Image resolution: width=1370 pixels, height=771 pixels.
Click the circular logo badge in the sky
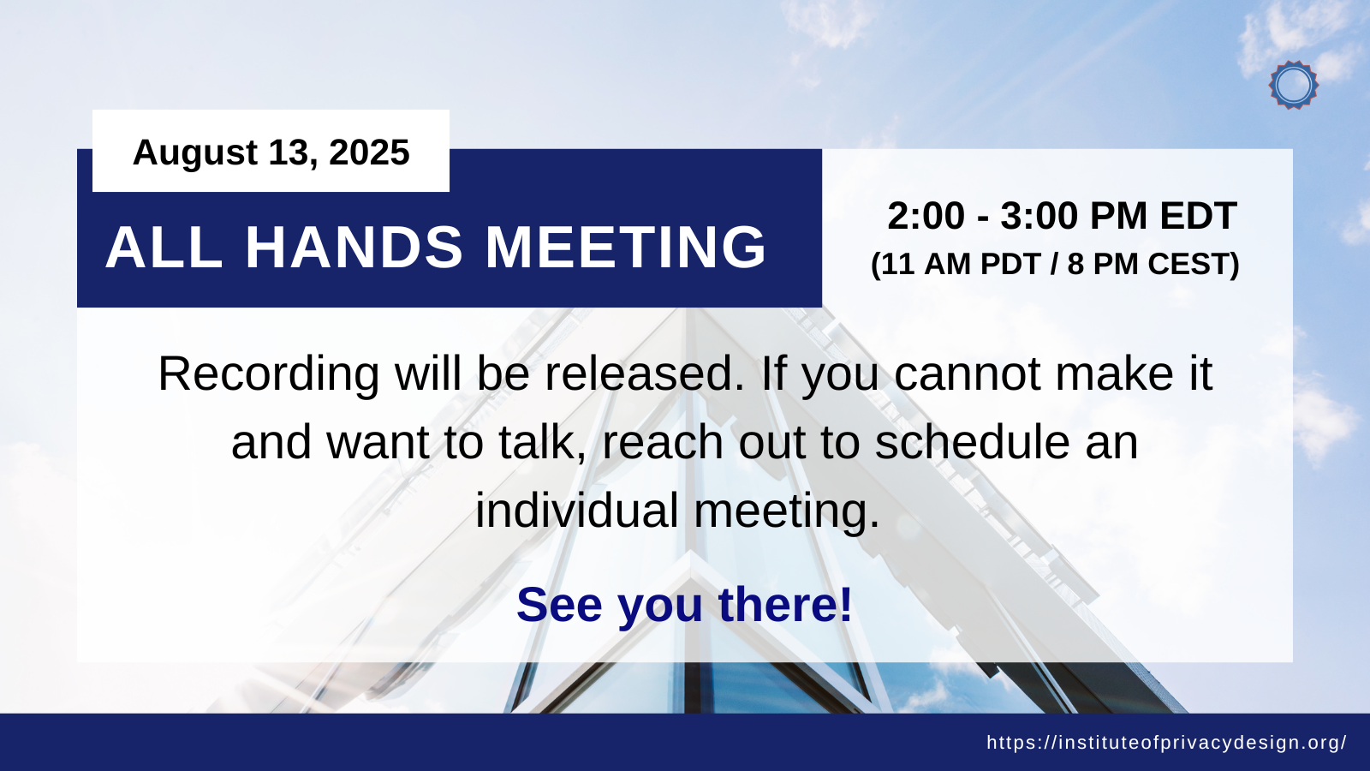[x=1294, y=85]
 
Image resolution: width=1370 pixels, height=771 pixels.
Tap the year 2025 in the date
[x=369, y=152]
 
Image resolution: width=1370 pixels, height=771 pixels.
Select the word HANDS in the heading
[x=354, y=247]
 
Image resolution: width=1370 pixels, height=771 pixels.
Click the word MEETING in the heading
[x=626, y=247]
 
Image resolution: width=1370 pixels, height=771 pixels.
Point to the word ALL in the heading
[x=164, y=247]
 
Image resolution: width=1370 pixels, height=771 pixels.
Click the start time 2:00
[x=926, y=215]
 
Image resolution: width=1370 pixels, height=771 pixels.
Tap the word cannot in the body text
[x=968, y=374]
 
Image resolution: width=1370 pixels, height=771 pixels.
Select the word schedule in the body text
[x=972, y=442]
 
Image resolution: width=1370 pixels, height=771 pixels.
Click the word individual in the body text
[x=577, y=510]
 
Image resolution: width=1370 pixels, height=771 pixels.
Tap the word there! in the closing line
[x=785, y=605]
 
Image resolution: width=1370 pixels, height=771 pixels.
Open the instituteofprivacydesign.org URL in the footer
[x=1166, y=742]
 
